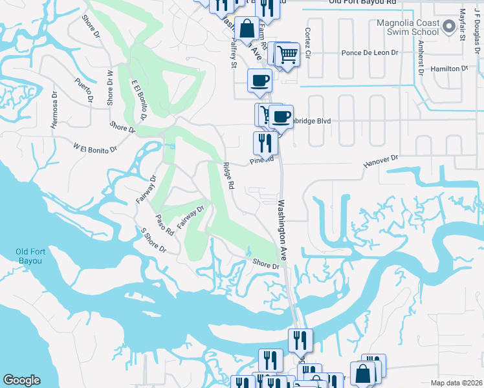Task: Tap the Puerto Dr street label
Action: coord(85,90)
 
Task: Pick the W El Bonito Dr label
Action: coord(94,149)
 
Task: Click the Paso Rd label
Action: coord(165,224)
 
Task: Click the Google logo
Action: coord(21,380)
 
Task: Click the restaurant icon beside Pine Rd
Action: coord(265,142)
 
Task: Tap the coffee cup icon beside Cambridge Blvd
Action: coord(281,116)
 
